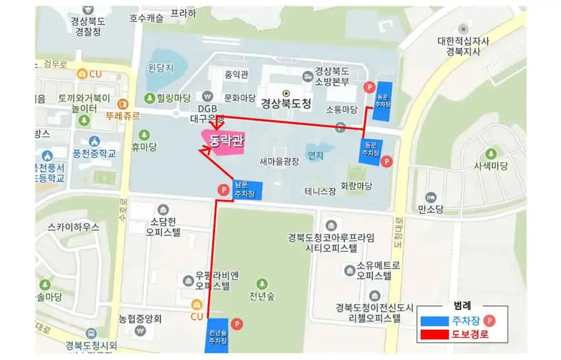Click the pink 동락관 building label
(x=226, y=141)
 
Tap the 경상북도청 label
(x=286, y=104)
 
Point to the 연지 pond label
(x=316, y=156)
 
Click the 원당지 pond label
(x=161, y=67)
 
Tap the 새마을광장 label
(x=279, y=162)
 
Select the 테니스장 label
(x=320, y=191)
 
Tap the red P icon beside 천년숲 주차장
(x=236, y=324)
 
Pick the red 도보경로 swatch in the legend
(x=435, y=334)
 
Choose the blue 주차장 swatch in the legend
(x=435, y=320)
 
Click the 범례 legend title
(x=461, y=305)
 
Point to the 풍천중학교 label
(x=95, y=153)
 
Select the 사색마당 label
(x=491, y=166)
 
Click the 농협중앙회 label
(x=139, y=318)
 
